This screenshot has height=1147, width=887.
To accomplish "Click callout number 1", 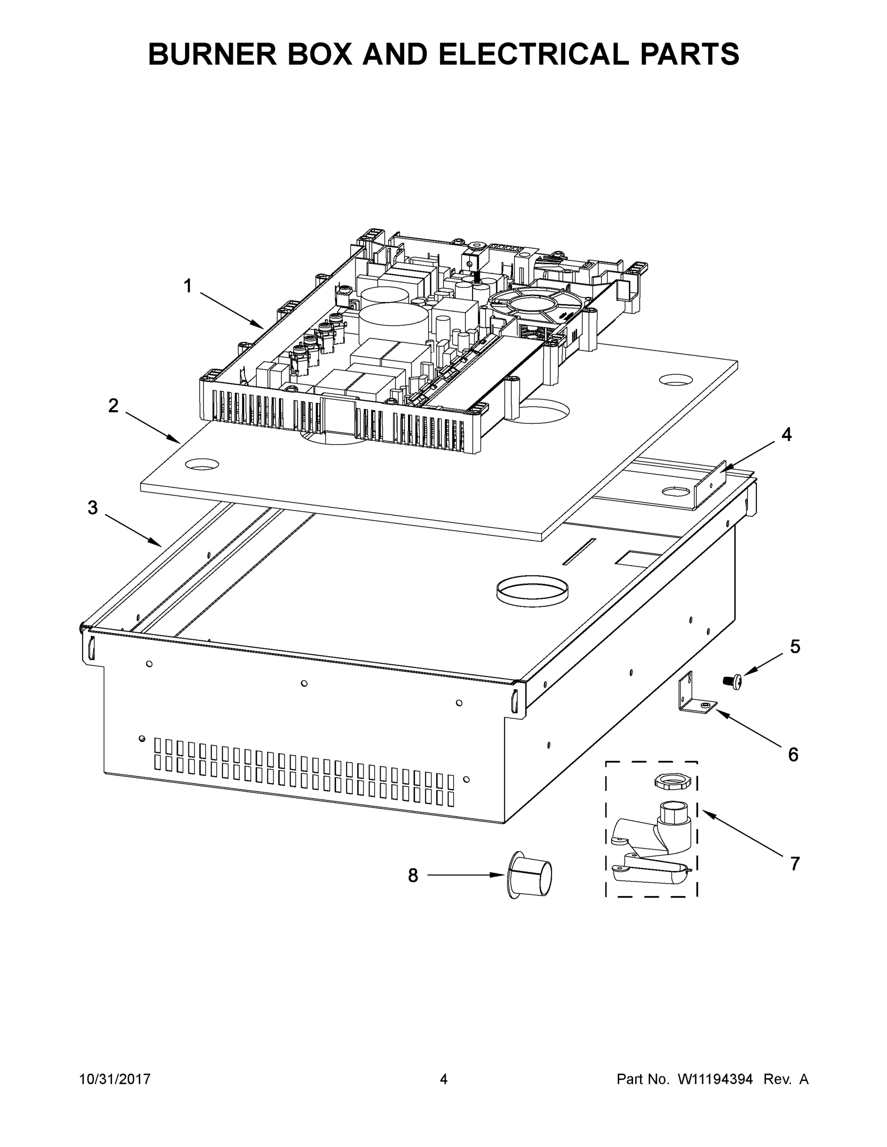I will [x=187, y=287].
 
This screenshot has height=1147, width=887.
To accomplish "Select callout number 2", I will [x=113, y=406].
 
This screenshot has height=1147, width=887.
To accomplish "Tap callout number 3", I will [x=92, y=508].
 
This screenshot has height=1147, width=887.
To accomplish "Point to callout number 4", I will [x=786, y=435].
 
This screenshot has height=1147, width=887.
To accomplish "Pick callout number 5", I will [x=795, y=647].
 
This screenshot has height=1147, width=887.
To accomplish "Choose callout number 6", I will [x=793, y=755].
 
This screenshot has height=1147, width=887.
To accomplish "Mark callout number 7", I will [x=795, y=864].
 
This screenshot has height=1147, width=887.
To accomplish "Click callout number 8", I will [x=413, y=876].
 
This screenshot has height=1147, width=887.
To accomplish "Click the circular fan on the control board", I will [x=535, y=302].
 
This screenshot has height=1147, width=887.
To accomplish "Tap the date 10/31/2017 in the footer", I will [x=115, y=1079].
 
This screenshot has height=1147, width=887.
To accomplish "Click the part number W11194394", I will [x=715, y=1079].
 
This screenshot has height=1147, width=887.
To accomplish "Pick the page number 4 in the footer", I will [x=444, y=1079].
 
